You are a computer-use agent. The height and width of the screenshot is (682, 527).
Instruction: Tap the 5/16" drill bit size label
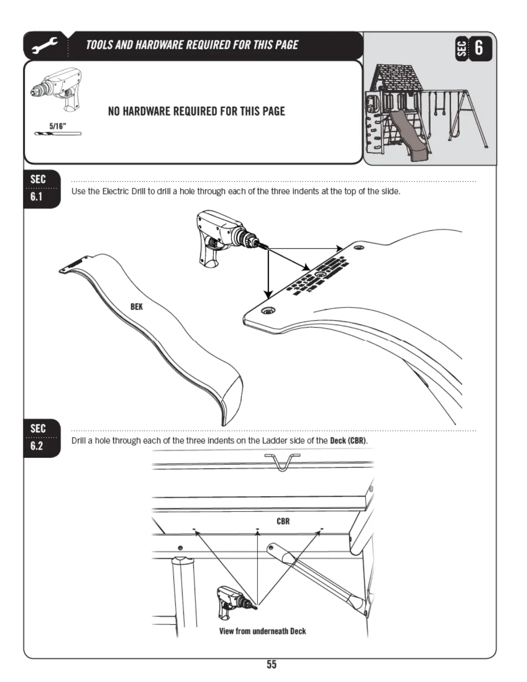pos(57,126)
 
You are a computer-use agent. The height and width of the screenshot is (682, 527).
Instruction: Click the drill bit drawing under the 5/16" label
pos(58,133)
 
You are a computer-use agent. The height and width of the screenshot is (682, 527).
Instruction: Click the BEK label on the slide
pos(136,307)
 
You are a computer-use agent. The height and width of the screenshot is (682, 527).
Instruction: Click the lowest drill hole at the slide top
pos(268,310)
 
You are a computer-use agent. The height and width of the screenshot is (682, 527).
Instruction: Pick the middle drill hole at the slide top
pos(321,274)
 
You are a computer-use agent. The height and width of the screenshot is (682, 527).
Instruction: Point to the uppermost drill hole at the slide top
pos(358,248)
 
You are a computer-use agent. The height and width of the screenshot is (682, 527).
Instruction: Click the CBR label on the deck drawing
pos(283,521)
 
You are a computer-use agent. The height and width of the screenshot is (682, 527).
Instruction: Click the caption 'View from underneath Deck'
pos(262,631)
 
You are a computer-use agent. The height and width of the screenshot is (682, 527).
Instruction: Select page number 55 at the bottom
pos(271,664)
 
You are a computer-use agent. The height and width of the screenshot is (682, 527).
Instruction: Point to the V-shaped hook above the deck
pos(282,461)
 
